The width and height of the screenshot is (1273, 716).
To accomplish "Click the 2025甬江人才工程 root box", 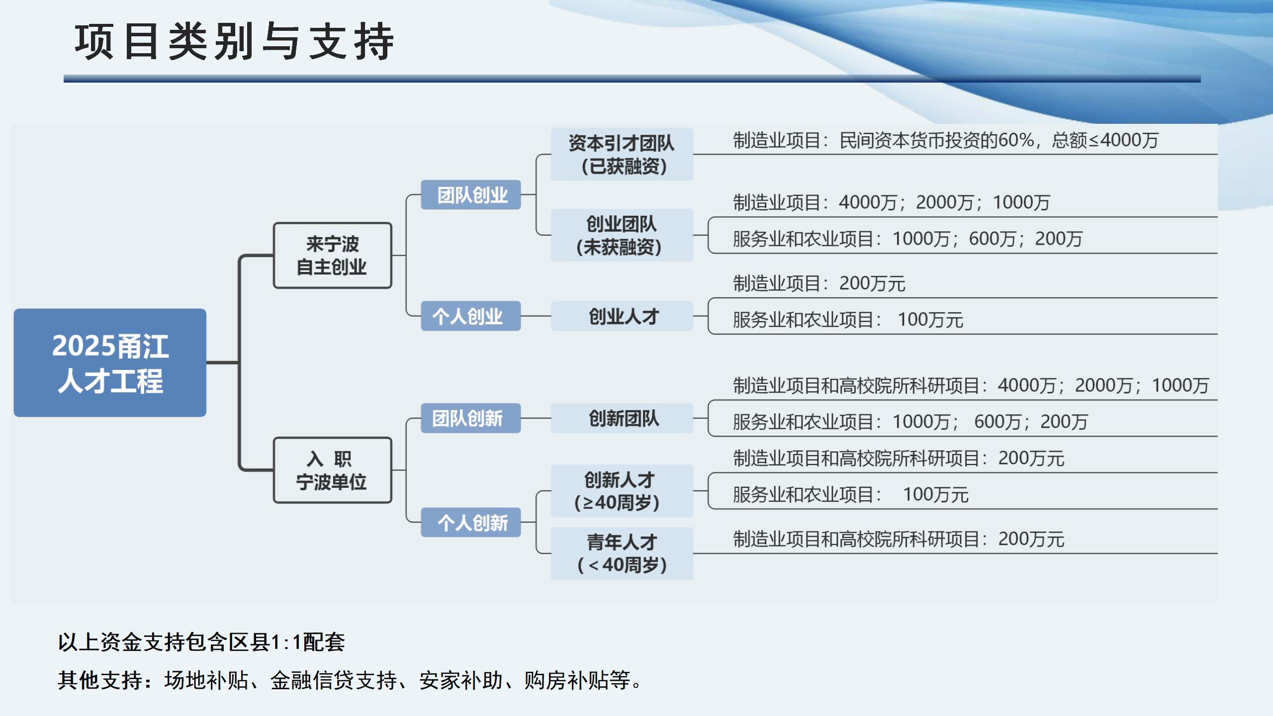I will point(110,362).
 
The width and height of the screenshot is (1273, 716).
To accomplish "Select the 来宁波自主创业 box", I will point(332,256).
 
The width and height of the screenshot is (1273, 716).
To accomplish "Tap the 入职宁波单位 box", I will point(332,470).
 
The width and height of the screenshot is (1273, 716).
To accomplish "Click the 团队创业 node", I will point(470,195).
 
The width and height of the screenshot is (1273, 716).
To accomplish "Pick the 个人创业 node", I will point(470,316).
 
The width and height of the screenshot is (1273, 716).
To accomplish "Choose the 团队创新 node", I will point(470,418).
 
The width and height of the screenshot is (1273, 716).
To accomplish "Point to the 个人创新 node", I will point(470,523).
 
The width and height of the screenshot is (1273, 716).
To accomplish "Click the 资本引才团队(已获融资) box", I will point(622,154).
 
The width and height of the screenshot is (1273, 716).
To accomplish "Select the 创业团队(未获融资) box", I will point(622,235).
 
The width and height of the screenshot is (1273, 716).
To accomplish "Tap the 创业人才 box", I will point(622,316).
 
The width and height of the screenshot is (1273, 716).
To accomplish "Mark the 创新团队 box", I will point(622,418).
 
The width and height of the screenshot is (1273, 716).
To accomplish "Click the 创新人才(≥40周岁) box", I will point(622,491).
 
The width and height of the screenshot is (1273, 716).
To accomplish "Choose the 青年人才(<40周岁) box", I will point(622,553).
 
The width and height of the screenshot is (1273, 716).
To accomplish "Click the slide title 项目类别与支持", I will point(234,42).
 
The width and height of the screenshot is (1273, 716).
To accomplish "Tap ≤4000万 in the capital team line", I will point(1124,141).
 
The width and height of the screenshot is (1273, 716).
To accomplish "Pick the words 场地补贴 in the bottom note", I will point(206,680).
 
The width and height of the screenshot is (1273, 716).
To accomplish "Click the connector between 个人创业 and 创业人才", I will point(536,316).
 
